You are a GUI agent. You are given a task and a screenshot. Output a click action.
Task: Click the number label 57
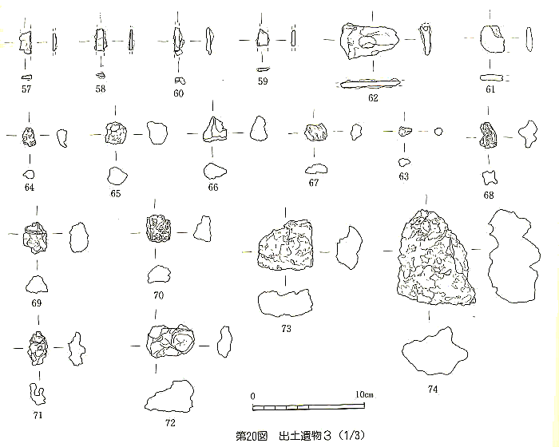pos(26,89)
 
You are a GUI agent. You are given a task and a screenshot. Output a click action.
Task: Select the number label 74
pos(432,390)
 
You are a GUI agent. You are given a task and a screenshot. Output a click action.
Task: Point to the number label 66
pos(212,188)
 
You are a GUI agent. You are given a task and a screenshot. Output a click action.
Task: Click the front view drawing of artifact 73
pos(285,247)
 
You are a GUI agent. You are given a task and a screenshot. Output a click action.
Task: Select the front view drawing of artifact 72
pos(171,344)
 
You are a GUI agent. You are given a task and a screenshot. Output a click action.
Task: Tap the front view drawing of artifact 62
pos(370,41)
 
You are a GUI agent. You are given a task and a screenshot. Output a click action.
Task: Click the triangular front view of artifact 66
pos(214,129)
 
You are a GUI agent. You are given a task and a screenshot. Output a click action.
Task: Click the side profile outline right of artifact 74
pos(513,253)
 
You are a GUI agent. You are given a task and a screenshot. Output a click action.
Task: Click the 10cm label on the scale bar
pos(364,395)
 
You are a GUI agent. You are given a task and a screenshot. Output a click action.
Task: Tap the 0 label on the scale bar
pos(253,395)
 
